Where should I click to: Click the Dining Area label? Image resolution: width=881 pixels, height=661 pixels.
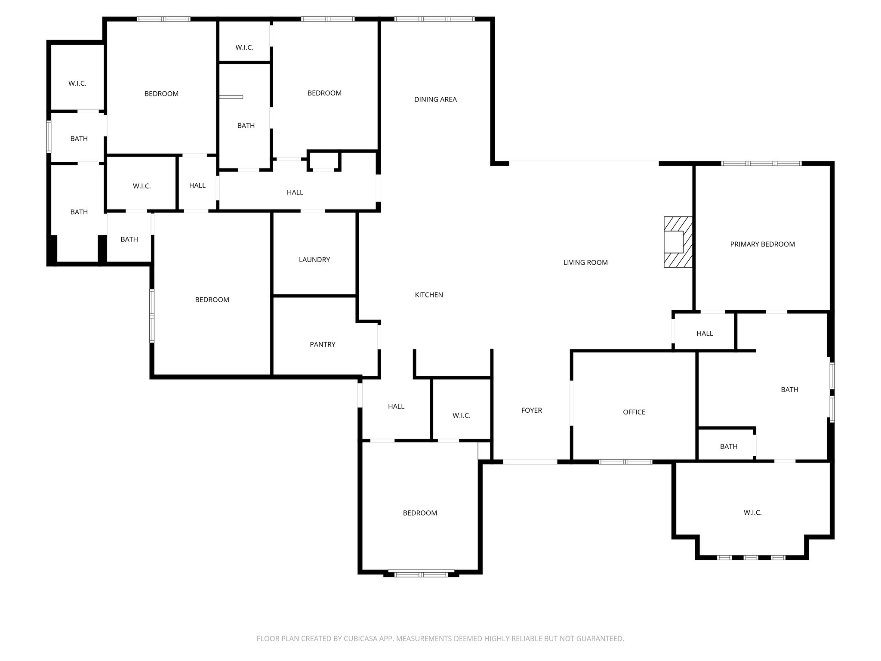(x=435, y=99)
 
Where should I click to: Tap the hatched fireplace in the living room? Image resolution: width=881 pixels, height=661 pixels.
(x=678, y=242)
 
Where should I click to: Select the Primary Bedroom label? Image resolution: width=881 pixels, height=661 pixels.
(x=762, y=244)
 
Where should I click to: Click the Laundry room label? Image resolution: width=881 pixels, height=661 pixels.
(x=314, y=259)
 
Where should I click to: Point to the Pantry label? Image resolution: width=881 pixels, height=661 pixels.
(x=322, y=344)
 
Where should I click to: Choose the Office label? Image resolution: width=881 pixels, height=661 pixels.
(x=634, y=412)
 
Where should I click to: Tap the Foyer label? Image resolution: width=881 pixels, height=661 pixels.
(x=531, y=410)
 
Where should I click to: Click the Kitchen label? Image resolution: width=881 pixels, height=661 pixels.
(x=428, y=295)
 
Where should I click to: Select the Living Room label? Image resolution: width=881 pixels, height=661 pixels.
(x=585, y=263)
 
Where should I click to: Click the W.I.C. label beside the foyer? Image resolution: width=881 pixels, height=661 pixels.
(x=461, y=415)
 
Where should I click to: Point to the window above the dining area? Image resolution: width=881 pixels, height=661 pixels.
(x=434, y=19)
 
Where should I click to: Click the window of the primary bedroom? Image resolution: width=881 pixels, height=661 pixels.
(x=761, y=164)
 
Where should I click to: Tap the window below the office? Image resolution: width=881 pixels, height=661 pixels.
(x=625, y=462)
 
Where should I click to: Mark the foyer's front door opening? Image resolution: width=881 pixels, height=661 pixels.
(x=530, y=462)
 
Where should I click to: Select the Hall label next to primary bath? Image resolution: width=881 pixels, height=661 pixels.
(x=705, y=334)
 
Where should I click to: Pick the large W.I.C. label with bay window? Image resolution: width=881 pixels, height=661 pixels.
(x=752, y=513)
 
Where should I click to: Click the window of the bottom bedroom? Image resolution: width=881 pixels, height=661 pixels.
(x=421, y=574)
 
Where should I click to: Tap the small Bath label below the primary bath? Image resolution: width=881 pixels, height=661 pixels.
(x=728, y=446)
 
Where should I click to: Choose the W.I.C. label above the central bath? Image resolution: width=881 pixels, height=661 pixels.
(x=244, y=47)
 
